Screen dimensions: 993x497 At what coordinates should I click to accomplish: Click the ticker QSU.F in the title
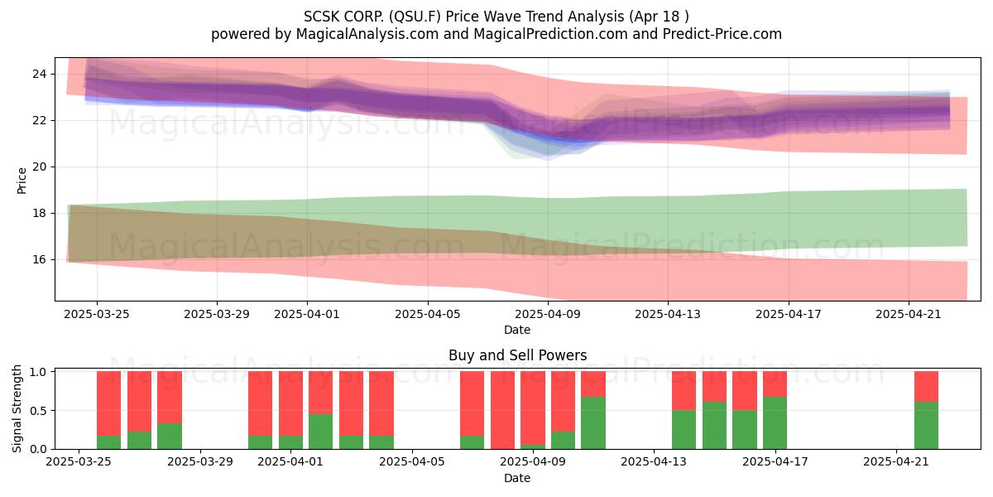click(x=417, y=17)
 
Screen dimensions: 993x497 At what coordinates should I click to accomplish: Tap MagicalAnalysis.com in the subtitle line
click(x=367, y=34)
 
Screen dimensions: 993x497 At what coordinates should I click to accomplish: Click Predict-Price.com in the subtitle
click(x=722, y=34)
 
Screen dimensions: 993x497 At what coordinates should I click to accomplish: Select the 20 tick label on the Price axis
click(x=39, y=166)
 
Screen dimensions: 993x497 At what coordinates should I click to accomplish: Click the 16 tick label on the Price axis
click(x=39, y=259)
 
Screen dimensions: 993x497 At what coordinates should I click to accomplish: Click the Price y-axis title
click(x=22, y=181)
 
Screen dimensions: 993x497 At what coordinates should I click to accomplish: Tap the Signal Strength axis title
click(x=17, y=408)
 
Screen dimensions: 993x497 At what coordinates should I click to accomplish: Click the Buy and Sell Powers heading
click(x=517, y=355)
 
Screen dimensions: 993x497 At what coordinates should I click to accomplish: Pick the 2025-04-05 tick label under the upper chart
click(x=427, y=314)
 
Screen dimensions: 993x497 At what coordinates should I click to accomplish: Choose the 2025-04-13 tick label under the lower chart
click(x=654, y=462)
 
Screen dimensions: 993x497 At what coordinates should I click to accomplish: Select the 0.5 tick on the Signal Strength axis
click(x=38, y=411)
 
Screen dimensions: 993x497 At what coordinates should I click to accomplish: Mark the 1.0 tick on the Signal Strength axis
click(x=38, y=372)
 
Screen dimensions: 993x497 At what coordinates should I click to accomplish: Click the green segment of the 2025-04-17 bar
click(x=775, y=423)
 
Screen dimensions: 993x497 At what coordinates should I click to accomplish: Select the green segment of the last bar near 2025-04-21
click(x=927, y=425)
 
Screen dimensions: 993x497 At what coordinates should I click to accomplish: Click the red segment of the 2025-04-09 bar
click(x=533, y=408)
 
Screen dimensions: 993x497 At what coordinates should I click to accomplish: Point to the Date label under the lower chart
click(x=517, y=478)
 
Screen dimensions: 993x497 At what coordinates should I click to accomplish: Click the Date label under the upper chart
click(x=517, y=330)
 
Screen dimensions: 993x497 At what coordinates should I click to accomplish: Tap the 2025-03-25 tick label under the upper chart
click(x=97, y=314)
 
